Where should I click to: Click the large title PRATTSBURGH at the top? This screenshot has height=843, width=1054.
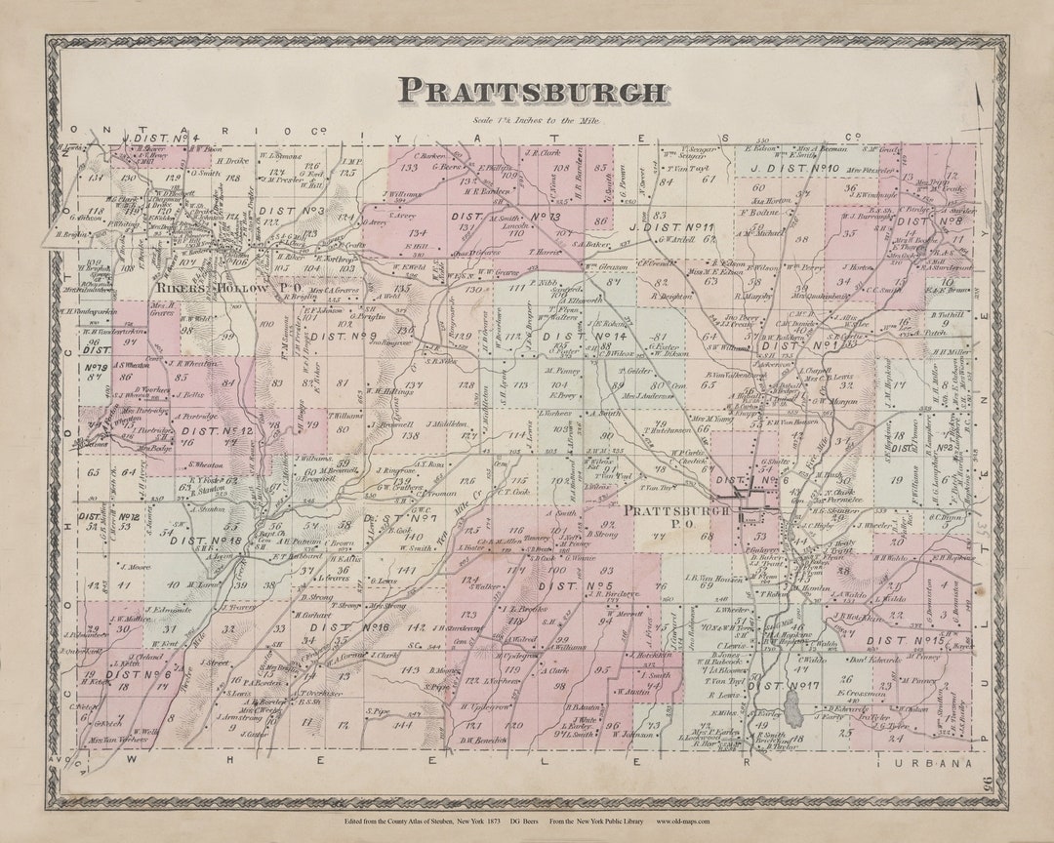pyautogui.click(x=532, y=91)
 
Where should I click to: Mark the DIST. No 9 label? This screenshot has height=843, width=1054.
pyautogui.click(x=344, y=337)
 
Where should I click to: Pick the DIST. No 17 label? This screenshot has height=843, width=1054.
pyautogui.click(x=782, y=686)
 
